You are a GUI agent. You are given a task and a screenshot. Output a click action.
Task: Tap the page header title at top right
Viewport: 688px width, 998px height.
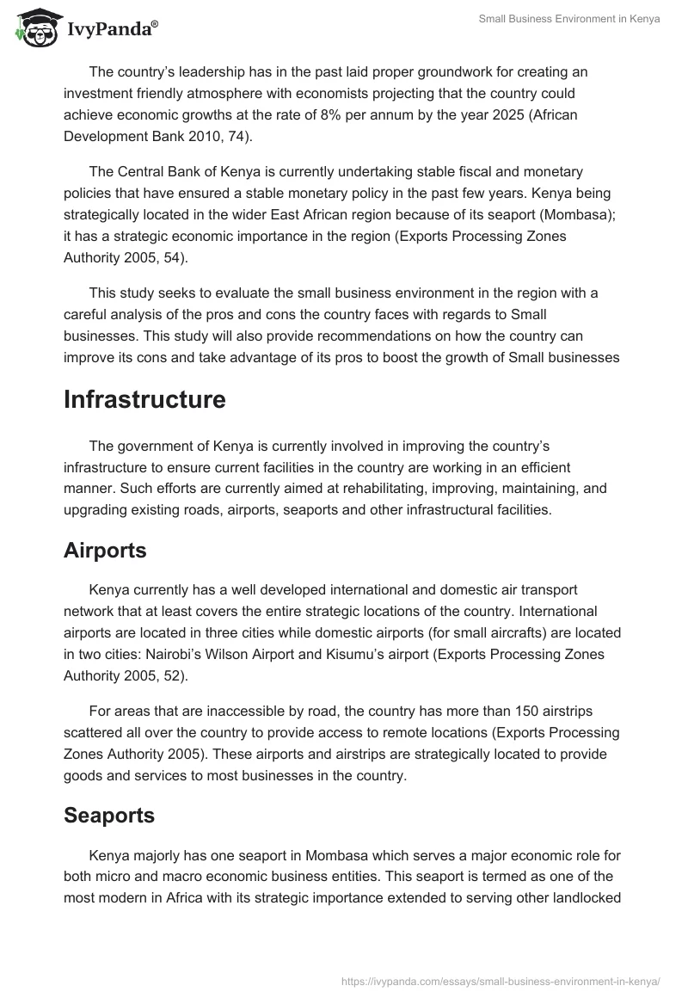(569, 19)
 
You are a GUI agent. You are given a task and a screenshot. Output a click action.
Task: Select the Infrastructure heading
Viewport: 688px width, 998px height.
(144, 399)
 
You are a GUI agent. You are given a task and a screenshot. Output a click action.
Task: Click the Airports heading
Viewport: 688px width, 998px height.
(105, 551)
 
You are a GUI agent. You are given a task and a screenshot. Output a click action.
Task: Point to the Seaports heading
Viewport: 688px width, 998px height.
(109, 816)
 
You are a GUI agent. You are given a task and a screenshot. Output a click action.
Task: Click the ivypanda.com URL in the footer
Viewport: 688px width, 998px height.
(501, 981)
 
